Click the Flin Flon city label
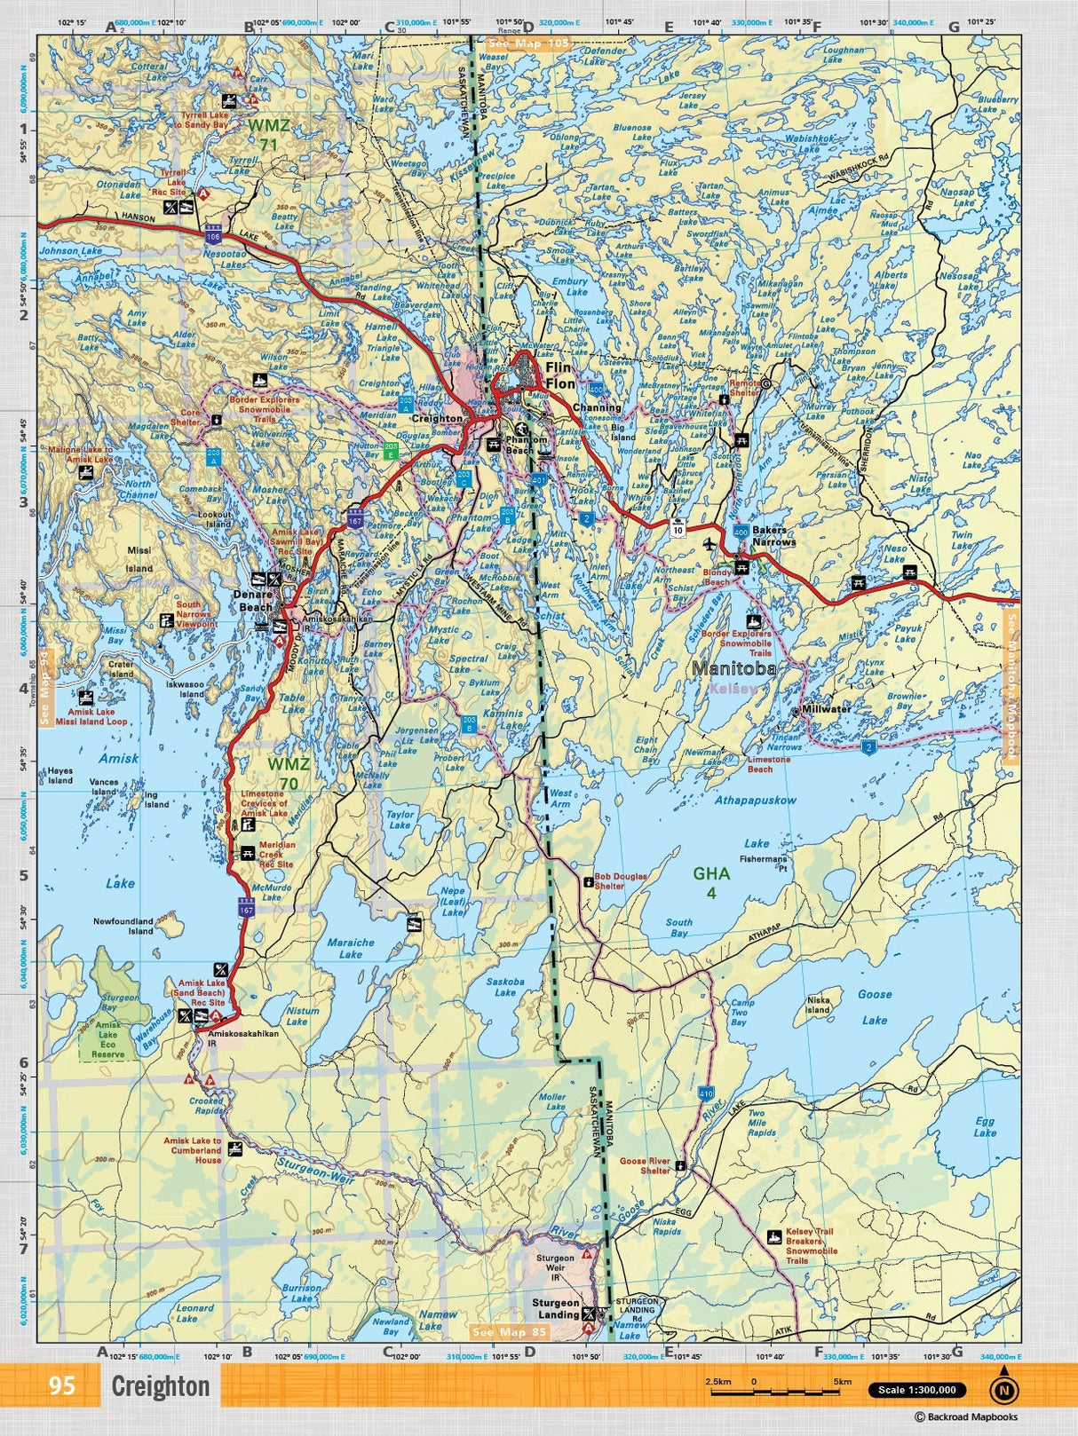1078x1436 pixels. click(560, 375)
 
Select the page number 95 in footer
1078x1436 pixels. click(62, 1385)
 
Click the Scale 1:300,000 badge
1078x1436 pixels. click(917, 1390)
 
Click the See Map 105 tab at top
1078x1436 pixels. click(527, 42)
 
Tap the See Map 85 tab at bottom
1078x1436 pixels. click(510, 1331)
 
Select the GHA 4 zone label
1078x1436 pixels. click(711, 882)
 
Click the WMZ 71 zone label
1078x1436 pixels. click(263, 134)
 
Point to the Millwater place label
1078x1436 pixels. click(826, 709)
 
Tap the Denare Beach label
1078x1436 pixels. click(254, 601)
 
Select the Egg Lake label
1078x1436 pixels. click(985, 1127)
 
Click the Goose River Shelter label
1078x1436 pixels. click(645, 1165)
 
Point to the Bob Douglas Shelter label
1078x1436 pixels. click(621, 880)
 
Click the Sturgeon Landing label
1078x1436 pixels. click(556, 1308)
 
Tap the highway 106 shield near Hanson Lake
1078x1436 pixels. click(212, 237)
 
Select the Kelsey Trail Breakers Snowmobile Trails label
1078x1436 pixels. click(809, 1245)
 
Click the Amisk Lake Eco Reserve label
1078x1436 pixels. click(108, 1038)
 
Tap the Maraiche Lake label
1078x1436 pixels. click(351, 948)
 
